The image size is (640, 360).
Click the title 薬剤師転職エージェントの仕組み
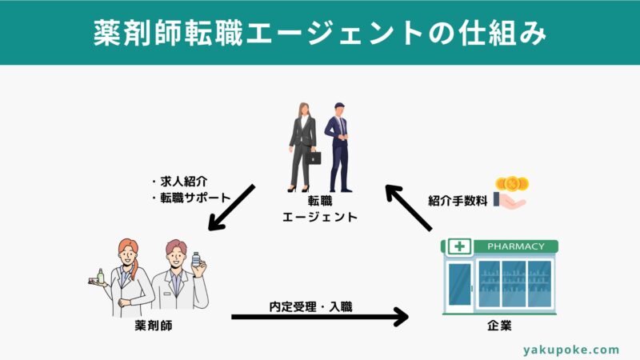coord(320,33)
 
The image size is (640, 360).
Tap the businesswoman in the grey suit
coord(304,144)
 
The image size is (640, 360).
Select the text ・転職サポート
coord(190,197)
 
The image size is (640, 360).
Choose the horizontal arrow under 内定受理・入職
coord(320,318)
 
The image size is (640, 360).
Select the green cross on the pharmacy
coord(460,246)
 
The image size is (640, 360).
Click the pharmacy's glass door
coord(460,284)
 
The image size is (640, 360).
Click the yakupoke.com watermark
coord(571,350)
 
